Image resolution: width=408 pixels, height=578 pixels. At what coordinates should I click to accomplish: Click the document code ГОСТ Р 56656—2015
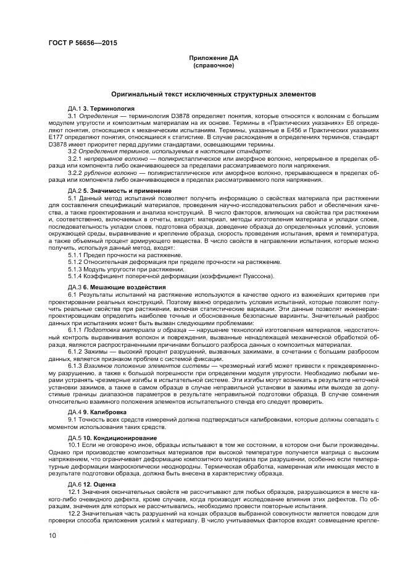82,43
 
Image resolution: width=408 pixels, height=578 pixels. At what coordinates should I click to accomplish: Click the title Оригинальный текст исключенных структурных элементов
214,94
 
